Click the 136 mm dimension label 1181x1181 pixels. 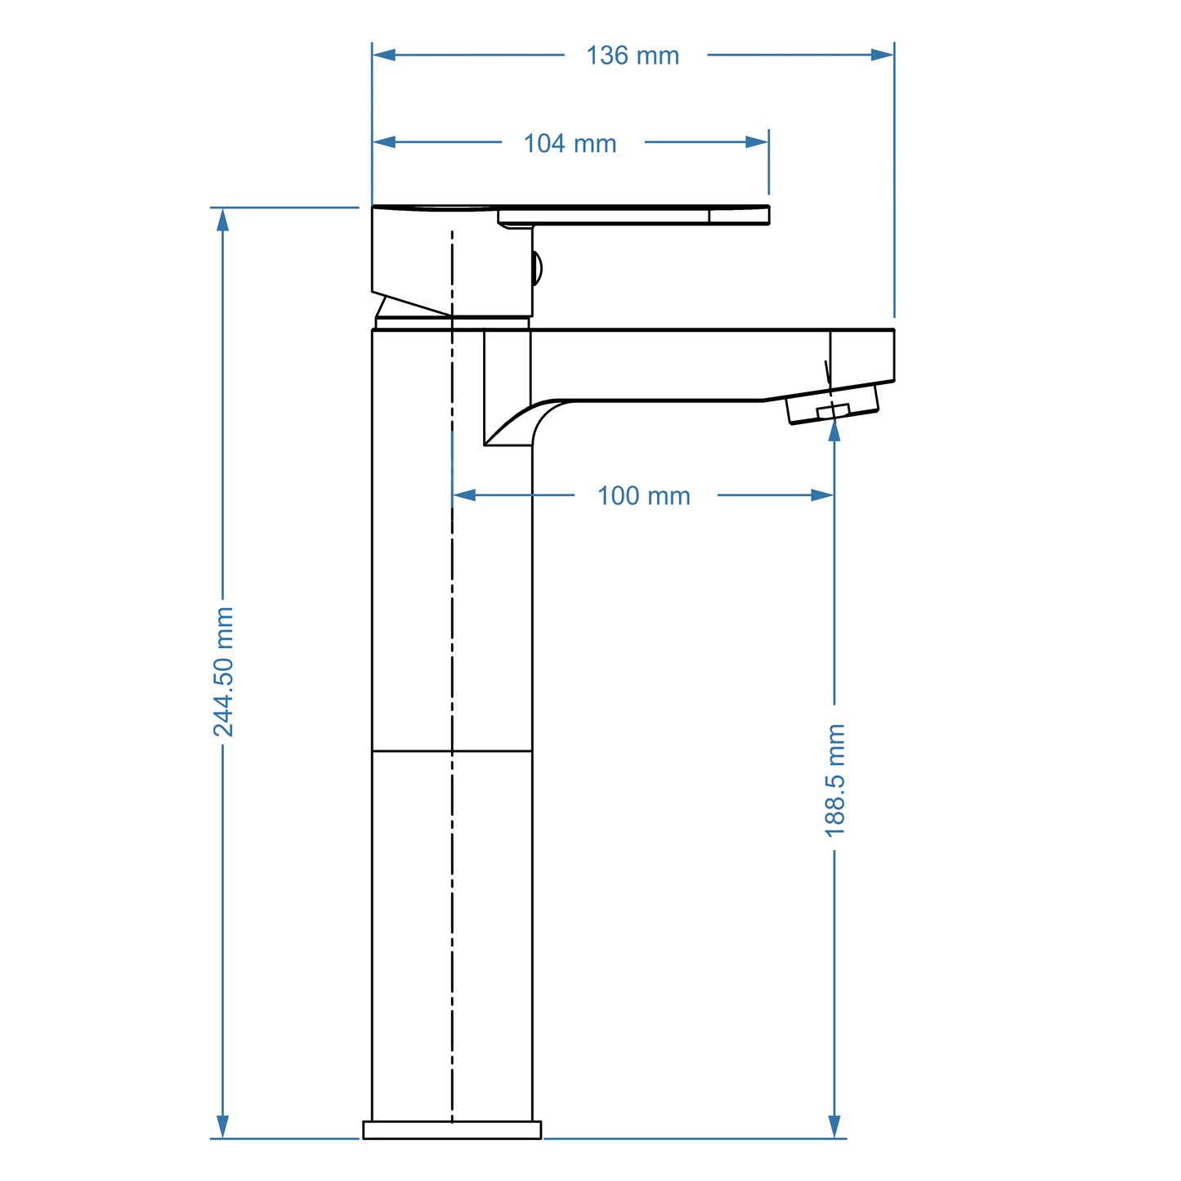pyautogui.click(x=633, y=56)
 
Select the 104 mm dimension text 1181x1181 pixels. pyautogui.click(x=570, y=144)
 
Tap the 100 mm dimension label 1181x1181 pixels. pyautogui.click(x=643, y=496)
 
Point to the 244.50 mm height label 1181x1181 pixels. pyautogui.click(x=223, y=672)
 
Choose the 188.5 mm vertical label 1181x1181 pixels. pyautogui.click(x=834, y=781)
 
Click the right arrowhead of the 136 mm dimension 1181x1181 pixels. pyautogui.click(x=883, y=55)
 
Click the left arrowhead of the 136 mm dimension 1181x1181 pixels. pyautogui.click(x=384, y=55)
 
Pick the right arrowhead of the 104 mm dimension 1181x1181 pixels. pyautogui.click(x=757, y=142)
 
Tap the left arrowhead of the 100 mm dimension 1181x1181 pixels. pyautogui.click(x=464, y=495)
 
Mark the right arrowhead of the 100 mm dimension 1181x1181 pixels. pyautogui.click(x=822, y=495)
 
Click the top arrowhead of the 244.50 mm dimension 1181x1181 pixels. pyautogui.click(x=222, y=220)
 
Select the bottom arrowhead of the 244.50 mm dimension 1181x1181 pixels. pyautogui.click(x=222, y=1126)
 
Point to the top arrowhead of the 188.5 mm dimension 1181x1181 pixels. pyautogui.click(x=834, y=430)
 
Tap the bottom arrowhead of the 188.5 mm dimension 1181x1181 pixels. pyautogui.click(x=834, y=1126)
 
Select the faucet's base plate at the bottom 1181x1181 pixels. pyautogui.click(x=452, y=1130)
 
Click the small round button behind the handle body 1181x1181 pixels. pyautogui.click(x=537, y=268)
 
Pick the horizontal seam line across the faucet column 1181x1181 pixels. pyautogui.click(x=452, y=751)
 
